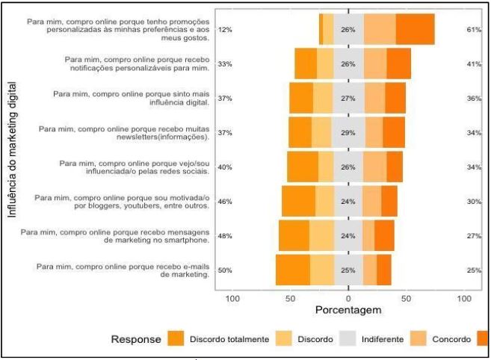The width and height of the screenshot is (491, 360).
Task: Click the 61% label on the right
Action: point(473,30)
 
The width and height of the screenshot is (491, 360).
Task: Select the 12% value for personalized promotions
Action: point(224,30)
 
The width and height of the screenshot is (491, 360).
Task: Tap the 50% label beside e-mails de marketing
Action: point(224,270)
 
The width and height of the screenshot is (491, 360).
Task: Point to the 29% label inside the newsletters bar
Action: point(348,133)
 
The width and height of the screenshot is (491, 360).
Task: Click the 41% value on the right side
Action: point(473,64)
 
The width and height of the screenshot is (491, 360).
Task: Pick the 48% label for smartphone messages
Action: point(224,236)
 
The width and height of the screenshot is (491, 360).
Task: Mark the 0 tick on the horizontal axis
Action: point(348,298)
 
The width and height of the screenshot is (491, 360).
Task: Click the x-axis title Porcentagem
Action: point(348,309)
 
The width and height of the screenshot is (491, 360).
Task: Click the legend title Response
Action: point(136,339)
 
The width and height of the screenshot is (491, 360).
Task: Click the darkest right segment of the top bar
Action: point(415,29)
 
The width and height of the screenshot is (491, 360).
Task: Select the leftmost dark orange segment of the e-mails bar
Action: point(292,270)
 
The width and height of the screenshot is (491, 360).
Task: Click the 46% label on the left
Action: point(224,202)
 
